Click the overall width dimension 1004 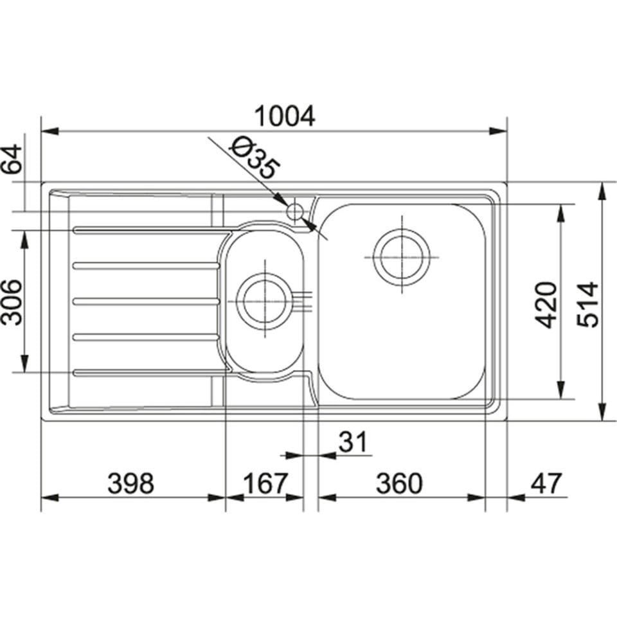285,116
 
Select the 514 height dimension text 587,304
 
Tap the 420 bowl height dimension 546,304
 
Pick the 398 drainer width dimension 131,484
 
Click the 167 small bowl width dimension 264,484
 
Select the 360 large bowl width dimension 398,484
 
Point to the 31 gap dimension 352,442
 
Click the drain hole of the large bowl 402,256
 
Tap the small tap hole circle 295,210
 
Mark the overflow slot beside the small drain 304,301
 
